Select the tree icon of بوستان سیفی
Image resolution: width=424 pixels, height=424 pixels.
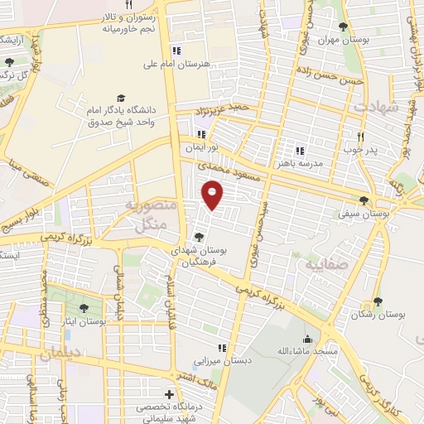(364, 200)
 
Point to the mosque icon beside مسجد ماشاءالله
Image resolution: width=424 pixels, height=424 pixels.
(308, 338)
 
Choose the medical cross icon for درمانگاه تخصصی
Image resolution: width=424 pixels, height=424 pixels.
(170, 394)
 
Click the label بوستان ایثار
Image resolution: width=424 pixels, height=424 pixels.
(83, 320)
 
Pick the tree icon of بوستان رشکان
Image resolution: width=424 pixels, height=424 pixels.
(378, 301)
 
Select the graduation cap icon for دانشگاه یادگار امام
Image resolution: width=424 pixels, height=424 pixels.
(121, 97)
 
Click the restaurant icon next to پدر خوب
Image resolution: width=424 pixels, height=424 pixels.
(360, 136)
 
